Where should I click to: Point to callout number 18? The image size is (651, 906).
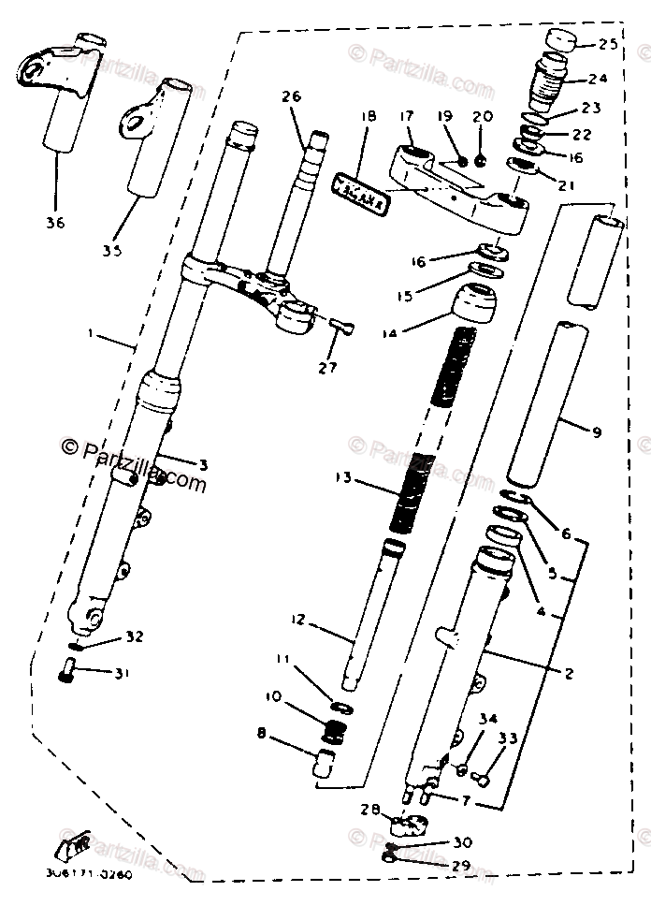pyautogui.click(x=368, y=117)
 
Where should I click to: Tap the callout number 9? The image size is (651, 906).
pyautogui.click(x=596, y=431)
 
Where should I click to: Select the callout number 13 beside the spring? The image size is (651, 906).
pyautogui.click(x=343, y=478)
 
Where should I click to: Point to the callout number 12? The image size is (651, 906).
pyautogui.click(x=297, y=620)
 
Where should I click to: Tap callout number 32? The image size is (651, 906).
pyautogui.click(x=135, y=637)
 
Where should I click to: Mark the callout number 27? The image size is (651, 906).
pyautogui.click(x=325, y=368)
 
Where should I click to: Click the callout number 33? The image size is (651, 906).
pyautogui.click(x=506, y=738)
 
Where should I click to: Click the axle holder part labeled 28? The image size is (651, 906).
pyautogui.click(x=409, y=824)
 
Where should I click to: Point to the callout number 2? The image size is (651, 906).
pyautogui.click(x=568, y=672)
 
